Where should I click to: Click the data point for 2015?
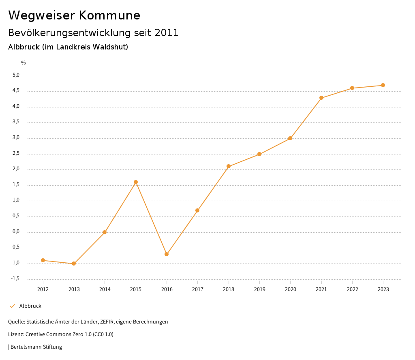[136, 182]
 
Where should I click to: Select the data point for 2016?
[167, 254]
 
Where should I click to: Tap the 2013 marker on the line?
[74, 264]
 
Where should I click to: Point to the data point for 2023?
[383, 85]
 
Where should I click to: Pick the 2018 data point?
[229, 166]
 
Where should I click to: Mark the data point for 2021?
[321, 98]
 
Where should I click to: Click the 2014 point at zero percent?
[105, 232]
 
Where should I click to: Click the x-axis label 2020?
[290, 289]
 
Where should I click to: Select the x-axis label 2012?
[43, 289]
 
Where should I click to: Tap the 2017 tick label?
[197, 289]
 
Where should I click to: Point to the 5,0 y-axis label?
[16, 75]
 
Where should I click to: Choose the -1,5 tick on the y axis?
[15, 279]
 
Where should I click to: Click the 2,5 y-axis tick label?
[16, 154]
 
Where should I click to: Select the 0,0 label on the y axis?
[16, 232]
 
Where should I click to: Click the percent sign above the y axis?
[24, 63]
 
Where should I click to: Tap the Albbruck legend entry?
[30, 306]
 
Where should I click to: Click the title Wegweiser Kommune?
[74, 15]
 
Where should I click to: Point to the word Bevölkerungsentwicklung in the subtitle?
[70, 33]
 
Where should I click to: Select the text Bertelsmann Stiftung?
[36, 347]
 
